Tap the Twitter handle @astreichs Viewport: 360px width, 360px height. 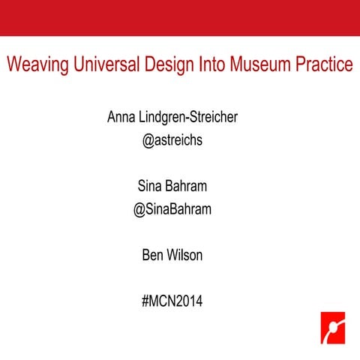point(172,141)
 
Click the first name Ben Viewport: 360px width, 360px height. point(153,256)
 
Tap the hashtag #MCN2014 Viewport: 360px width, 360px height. point(172,302)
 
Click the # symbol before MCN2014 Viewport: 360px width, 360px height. point(145,302)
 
